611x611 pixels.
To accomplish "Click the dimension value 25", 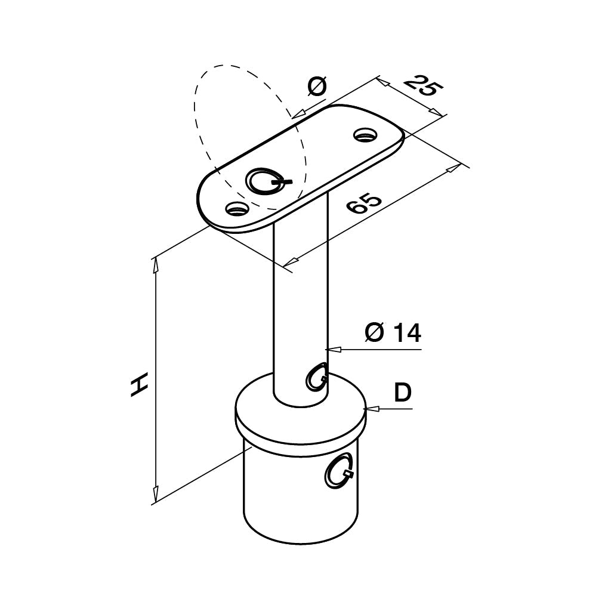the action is click(424, 86).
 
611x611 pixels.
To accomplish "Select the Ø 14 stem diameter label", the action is click(393, 332).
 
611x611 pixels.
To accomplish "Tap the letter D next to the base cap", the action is click(403, 393).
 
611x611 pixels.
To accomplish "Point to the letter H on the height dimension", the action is click(139, 385).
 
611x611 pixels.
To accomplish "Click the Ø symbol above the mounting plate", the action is click(317, 87).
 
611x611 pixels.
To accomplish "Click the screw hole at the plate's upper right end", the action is click(365, 135).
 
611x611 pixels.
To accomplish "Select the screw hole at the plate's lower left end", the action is click(237, 209).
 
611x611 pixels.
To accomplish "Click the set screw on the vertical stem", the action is click(316, 377).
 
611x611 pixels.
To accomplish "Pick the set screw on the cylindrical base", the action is click(339, 471).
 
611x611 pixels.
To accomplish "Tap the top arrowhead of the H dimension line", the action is click(156, 264).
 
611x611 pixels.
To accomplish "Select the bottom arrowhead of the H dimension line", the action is click(156, 493).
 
